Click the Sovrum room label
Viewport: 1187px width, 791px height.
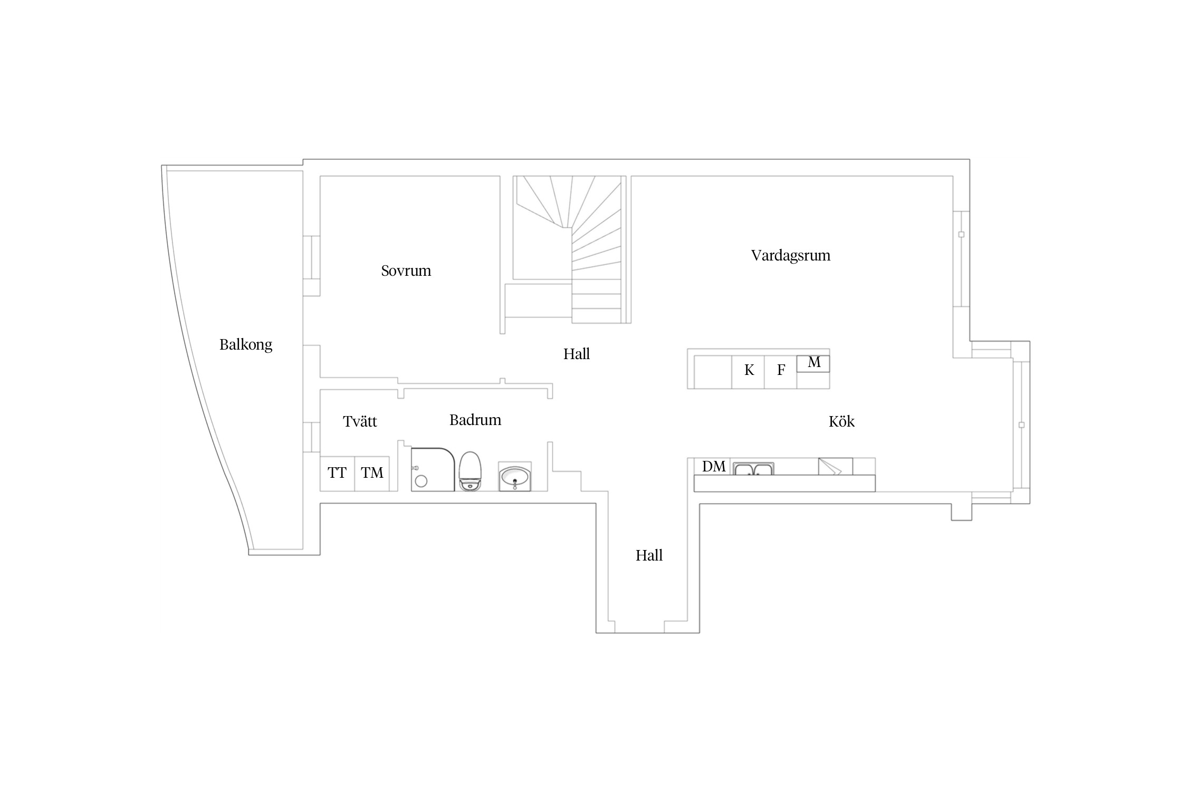(x=406, y=271)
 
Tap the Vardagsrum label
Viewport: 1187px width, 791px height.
(x=790, y=256)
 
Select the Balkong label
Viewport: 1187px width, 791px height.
(x=246, y=345)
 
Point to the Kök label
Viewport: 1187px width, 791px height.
(x=841, y=421)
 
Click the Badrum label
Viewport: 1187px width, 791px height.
(x=475, y=420)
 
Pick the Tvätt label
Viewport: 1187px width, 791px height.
(x=360, y=421)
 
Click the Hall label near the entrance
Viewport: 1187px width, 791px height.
(x=649, y=555)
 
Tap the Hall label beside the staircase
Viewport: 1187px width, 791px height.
(x=576, y=354)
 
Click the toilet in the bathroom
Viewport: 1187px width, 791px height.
(x=470, y=471)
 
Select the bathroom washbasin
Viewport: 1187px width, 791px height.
(x=515, y=477)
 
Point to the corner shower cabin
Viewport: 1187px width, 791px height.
(x=433, y=470)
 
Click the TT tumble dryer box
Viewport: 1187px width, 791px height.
(x=337, y=474)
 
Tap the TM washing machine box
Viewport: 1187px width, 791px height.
(x=372, y=474)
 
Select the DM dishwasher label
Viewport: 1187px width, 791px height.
(x=714, y=466)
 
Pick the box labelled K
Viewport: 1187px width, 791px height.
(x=748, y=372)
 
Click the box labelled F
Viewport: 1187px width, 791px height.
(x=780, y=372)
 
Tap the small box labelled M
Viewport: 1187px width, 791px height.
(x=813, y=363)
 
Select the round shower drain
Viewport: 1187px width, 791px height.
(x=421, y=481)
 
